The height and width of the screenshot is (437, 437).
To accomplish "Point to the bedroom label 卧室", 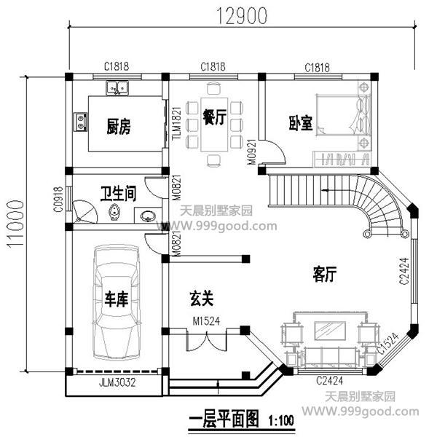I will click(300, 124).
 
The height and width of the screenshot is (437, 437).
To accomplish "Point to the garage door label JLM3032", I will click(116, 380).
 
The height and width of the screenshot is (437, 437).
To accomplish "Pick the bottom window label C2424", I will click(331, 380).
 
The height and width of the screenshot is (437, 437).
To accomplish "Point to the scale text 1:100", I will click(283, 421).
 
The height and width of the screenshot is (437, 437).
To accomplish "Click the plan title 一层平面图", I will click(224, 420).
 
